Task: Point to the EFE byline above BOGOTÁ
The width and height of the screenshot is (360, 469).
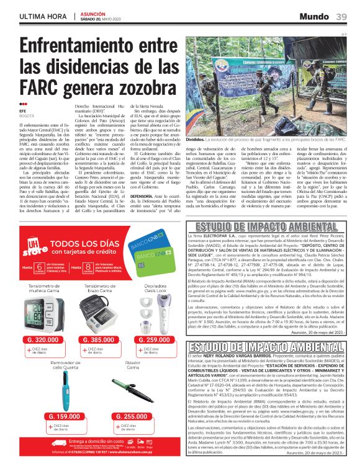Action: pyautogui.click(x=24, y=110)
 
